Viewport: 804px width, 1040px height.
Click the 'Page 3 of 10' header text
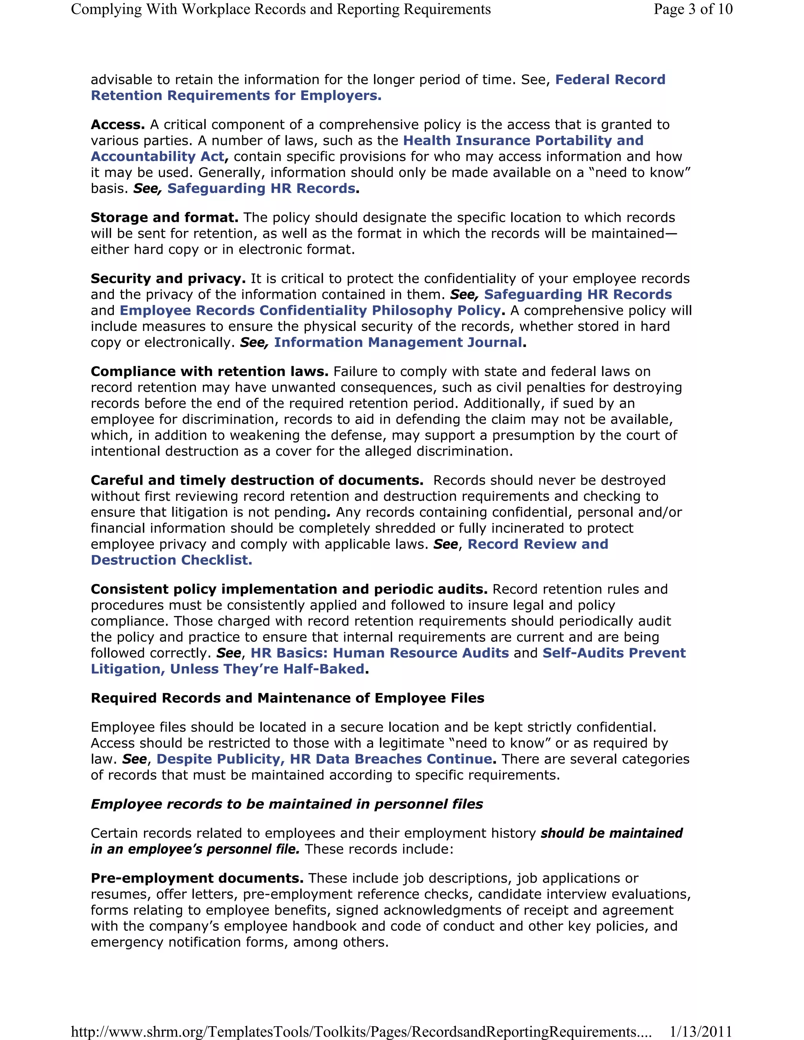(693, 9)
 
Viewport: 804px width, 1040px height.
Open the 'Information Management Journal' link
(398, 342)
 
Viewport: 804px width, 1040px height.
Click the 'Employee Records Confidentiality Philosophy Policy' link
(310, 310)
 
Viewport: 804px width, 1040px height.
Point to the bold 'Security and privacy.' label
(168, 279)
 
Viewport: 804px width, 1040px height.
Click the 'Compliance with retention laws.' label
(210, 371)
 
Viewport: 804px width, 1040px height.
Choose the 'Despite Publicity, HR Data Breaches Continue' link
(324, 759)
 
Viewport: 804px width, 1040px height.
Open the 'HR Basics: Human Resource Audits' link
(380, 653)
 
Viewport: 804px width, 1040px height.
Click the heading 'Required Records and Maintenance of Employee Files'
(287, 698)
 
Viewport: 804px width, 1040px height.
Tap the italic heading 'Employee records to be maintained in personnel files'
(287, 804)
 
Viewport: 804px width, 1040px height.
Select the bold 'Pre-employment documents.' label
(197, 878)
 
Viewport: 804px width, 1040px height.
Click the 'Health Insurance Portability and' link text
(523, 140)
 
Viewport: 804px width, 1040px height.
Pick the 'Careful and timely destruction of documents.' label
(257, 480)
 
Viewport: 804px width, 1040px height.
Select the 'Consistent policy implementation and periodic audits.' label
(289, 589)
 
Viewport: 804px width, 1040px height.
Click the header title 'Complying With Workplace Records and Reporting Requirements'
(281, 9)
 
